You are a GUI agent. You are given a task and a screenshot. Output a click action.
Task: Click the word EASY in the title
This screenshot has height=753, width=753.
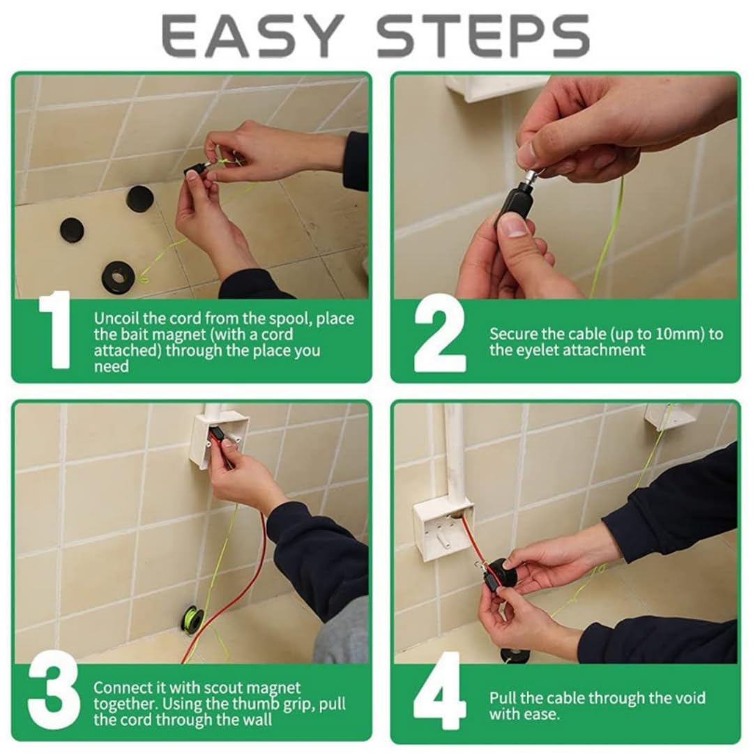tap(252, 36)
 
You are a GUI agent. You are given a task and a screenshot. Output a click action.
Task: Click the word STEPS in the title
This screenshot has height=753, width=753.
tap(482, 36)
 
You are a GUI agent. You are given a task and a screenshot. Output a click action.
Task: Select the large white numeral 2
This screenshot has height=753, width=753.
tap(439, 333)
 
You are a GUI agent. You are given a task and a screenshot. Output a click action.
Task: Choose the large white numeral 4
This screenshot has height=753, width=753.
tap(439, 692)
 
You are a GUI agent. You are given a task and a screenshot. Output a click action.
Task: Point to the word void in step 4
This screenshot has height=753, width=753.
tap(691, 697)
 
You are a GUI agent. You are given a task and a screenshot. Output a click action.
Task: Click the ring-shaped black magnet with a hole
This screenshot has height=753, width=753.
tap(118, 278)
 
